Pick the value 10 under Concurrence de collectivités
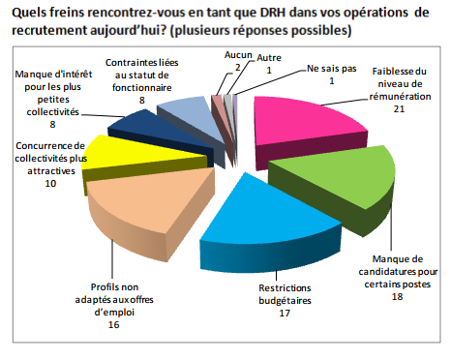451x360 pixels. point(49,183)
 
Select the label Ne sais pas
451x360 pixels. point(330,70)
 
